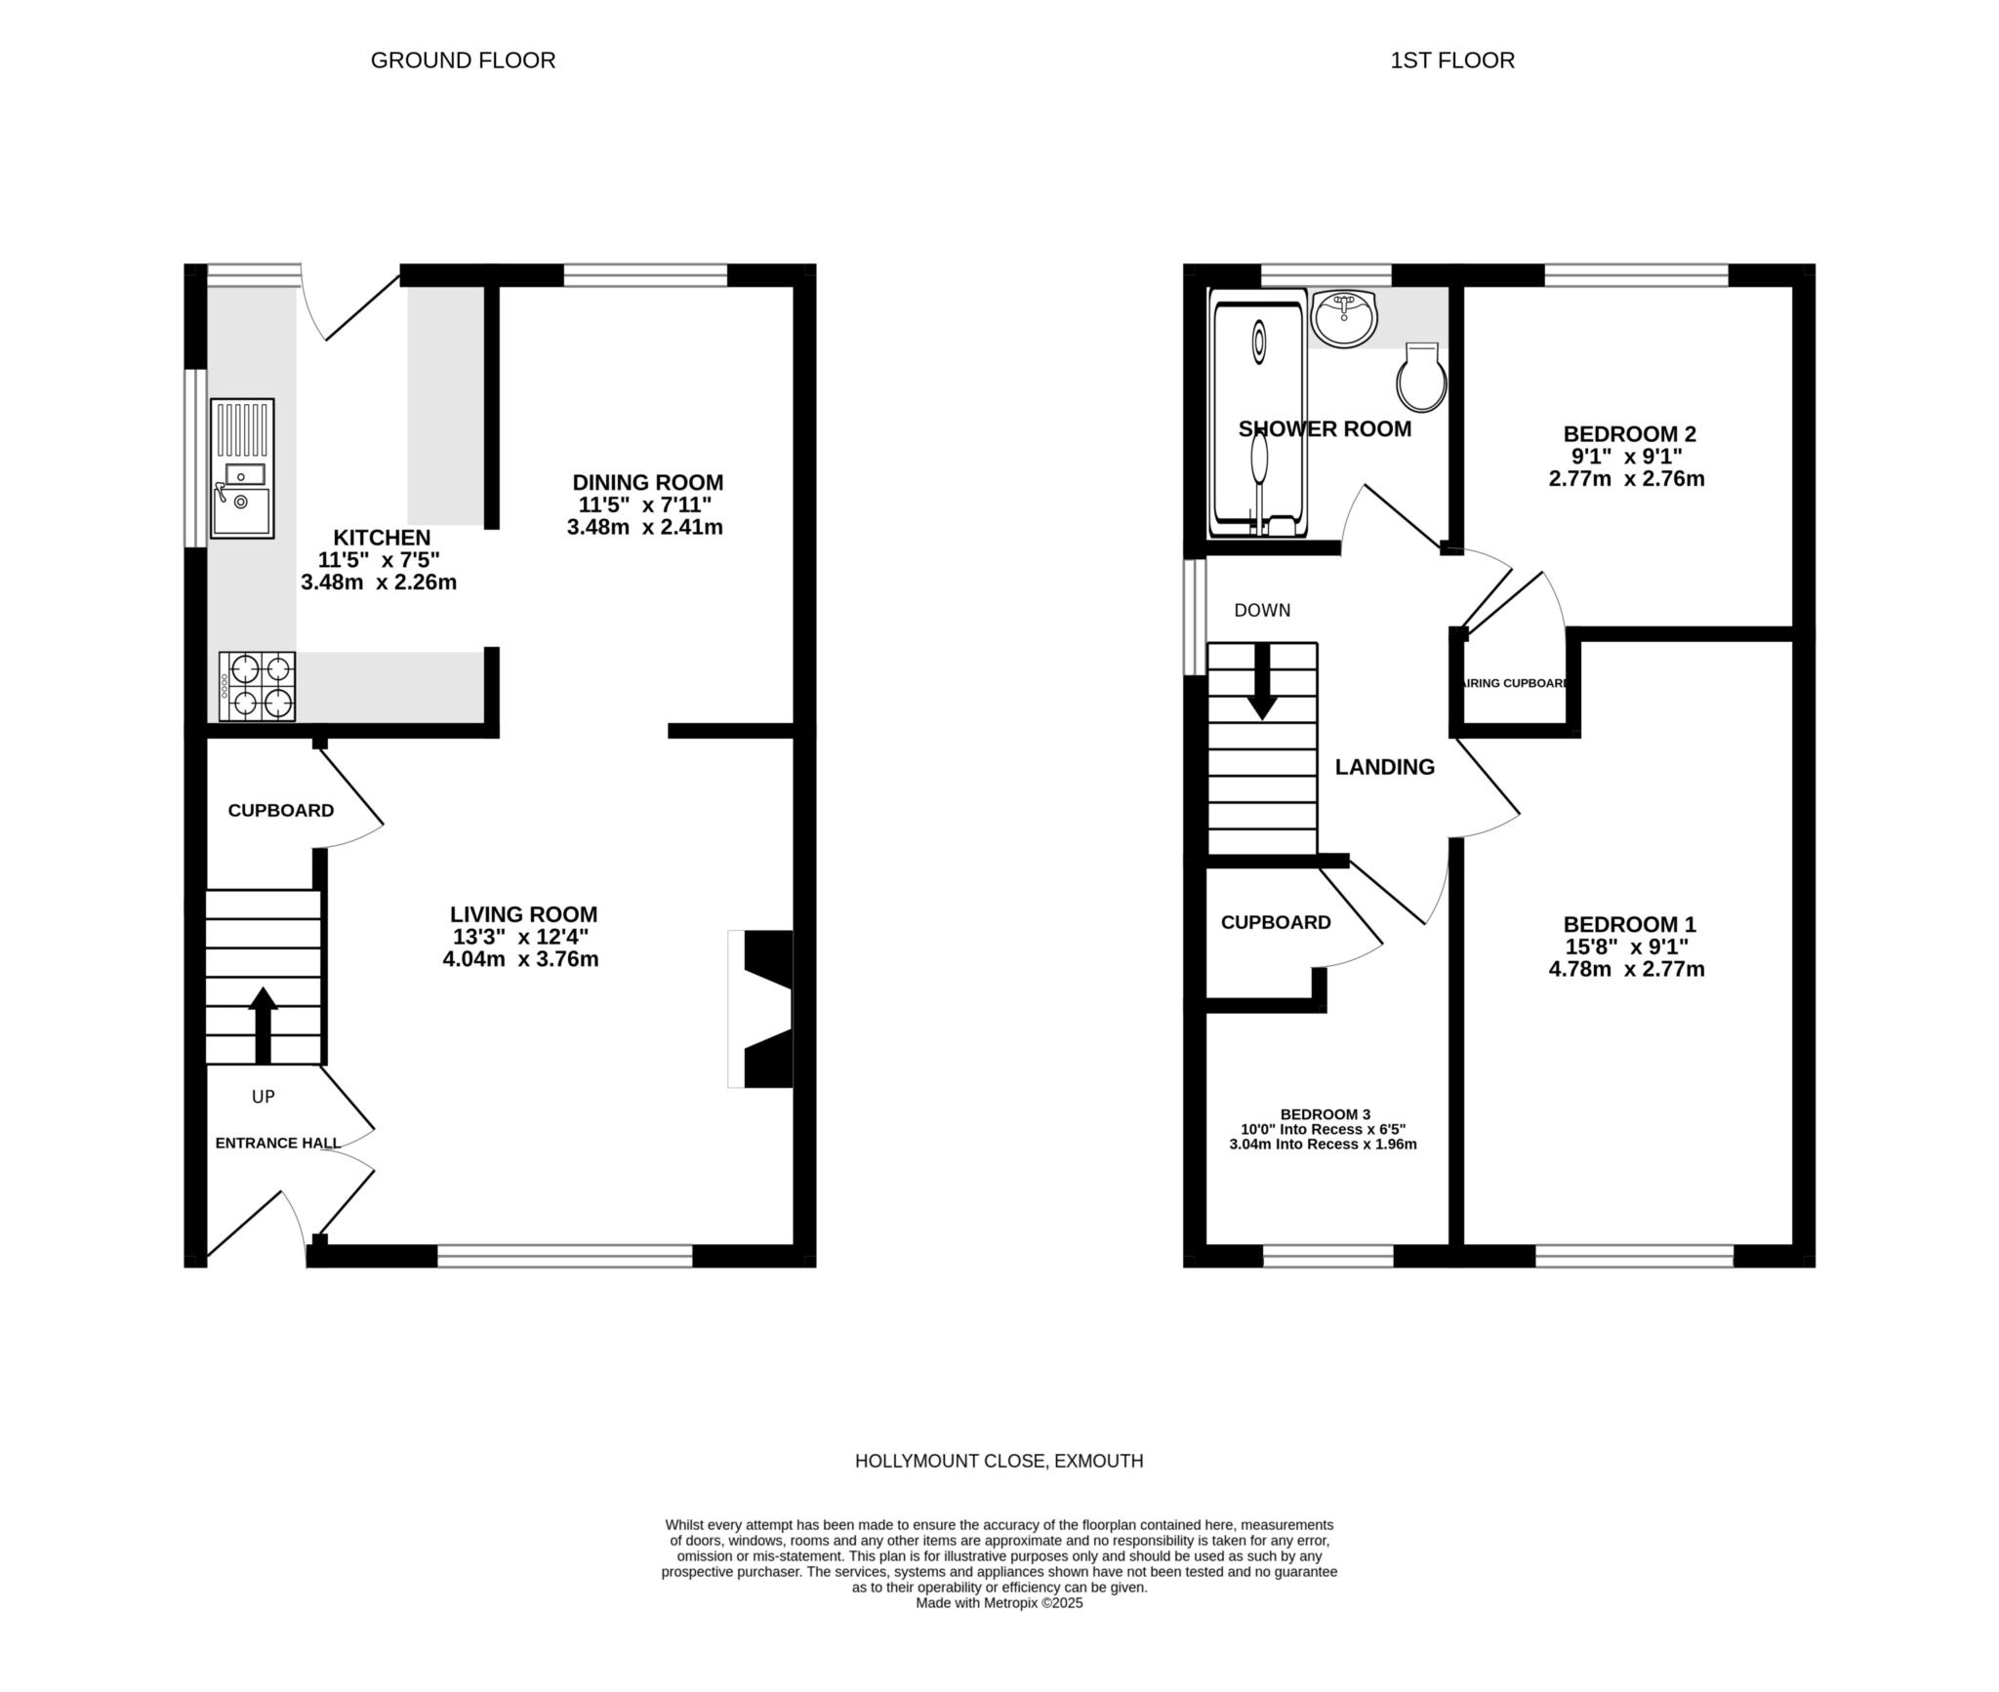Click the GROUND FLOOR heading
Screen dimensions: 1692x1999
click(x=463, y=60)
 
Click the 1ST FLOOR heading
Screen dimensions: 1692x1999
click(x=1451, y=60)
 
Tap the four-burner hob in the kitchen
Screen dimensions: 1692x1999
click(x=258, y=686)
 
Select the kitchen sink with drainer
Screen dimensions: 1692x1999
click(x=242, y=468)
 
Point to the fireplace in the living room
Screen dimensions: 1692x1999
click(x=765, y=1009)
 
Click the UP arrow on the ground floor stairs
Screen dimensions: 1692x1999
click(x=263, y=1024)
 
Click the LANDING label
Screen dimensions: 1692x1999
click(x=1384, y=767)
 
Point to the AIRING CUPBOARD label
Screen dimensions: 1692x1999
click(x=1514, y=683)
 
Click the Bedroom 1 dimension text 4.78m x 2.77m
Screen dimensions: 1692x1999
click(x=1626, y=969)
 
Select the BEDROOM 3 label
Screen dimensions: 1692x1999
click(x=1325, y=1113)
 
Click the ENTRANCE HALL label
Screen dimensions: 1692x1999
click(x=277, y=1143)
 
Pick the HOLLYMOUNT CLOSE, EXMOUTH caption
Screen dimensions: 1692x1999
click(x=999, y=1461)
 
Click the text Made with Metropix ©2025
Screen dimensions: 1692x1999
click(x=999, y=1602)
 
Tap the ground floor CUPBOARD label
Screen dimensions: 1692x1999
click(x=280, y=810)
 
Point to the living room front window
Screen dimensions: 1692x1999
click(x=564, y=1255)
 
